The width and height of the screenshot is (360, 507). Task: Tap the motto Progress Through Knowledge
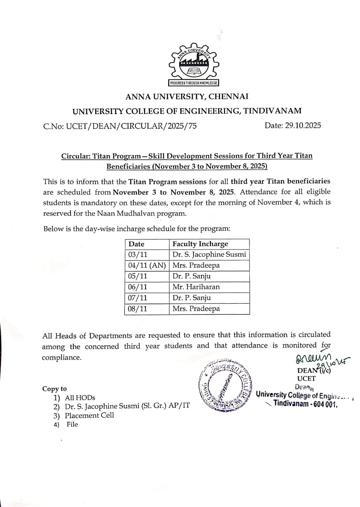click(x=194, y=83)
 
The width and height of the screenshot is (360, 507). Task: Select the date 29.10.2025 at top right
click(x=293, y=126)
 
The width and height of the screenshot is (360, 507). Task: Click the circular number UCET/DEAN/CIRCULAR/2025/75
click(x=120, y=126)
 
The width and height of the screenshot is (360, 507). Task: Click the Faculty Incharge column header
click(x=200, y=244)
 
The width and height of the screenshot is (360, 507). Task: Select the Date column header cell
click(x=136, y=244)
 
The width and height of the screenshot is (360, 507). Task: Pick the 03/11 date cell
click(x=138, y=255)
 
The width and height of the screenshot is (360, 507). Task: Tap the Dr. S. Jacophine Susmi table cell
click(x=209, y=255)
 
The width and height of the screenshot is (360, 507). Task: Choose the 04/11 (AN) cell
click(x=147, y=265)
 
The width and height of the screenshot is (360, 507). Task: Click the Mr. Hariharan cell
click(x=196, y=287)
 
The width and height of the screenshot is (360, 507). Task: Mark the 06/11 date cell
click(x=138, y=287)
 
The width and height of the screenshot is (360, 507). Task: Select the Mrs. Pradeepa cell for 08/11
click(x=196, y=309)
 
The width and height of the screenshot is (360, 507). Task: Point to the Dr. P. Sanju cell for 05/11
click(x=191, y=276)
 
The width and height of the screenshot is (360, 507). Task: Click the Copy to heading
click(x=55, y=389)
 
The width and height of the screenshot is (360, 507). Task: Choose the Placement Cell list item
click(x=89, y=415)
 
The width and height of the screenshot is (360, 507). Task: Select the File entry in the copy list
click(x=72, y=424)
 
